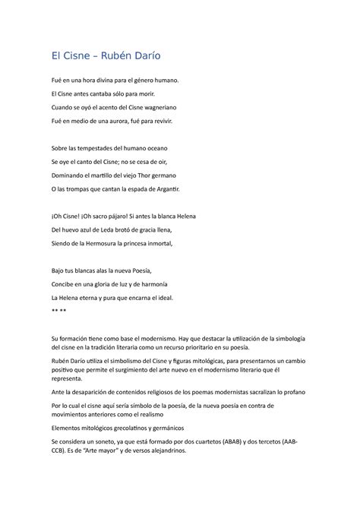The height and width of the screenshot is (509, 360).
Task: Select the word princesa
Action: pyautogui.click(x=135, y=243)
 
